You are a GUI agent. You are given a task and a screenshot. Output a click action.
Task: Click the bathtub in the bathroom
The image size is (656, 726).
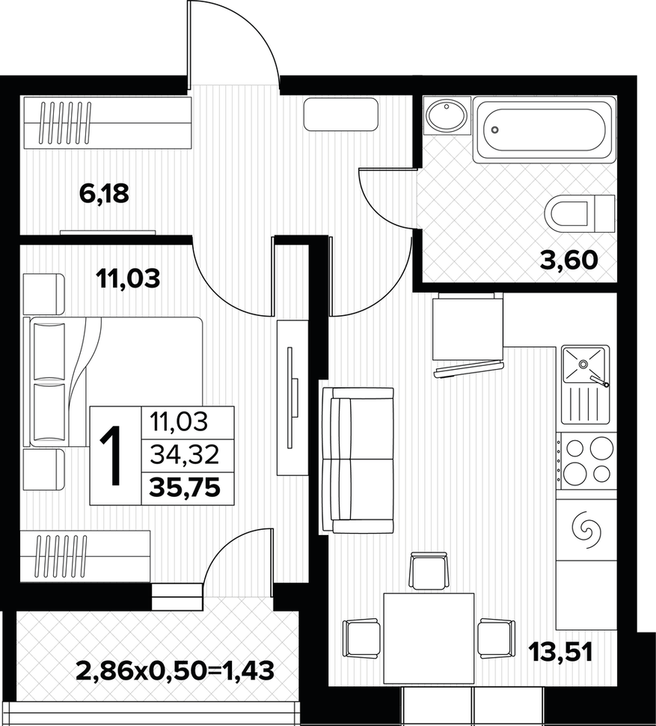coord(545,129)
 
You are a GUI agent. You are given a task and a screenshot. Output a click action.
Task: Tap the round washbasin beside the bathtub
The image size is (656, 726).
coord(447,116)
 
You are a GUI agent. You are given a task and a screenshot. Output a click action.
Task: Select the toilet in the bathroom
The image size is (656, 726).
coord(580,214)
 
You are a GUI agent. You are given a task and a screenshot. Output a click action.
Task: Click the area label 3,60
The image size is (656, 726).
coord(569,260)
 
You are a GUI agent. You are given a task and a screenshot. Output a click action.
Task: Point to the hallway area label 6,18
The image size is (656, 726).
coord(104,193)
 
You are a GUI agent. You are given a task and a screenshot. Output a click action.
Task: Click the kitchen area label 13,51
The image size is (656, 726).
coord(561,653)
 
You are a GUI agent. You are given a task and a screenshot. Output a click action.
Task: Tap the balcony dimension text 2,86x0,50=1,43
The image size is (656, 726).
coord(175,670)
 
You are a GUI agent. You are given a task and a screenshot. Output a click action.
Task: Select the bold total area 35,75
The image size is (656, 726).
coord(185,487)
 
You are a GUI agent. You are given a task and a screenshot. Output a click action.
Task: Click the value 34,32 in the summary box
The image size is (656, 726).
coord(184,456)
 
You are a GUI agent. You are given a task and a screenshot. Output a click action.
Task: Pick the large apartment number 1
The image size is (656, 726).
coord(111,455)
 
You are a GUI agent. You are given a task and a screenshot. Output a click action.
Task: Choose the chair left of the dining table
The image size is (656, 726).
coord(361,638)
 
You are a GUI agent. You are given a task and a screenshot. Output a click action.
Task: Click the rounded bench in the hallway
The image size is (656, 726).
coord(341,114)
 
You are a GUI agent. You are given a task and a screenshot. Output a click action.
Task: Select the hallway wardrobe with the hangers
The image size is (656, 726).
coord(105,123)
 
